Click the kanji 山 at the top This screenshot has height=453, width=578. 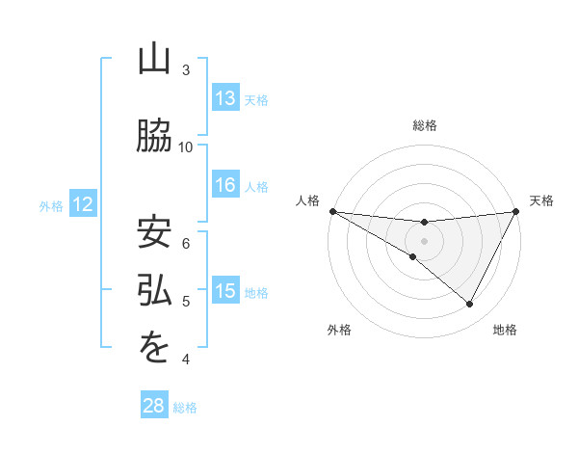pyautogui.click(x=154, y=60)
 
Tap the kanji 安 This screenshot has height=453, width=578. pyautogui.click(x=154, y=232)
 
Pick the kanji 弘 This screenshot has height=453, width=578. pyautogui.click(x=154, y=291)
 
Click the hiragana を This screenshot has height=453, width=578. pyautogui.click(x=154, y=349)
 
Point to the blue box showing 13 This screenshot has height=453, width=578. pyautogui.click(x=225, y=98)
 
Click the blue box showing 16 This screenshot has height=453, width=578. pyautogui.click(x=225, y=185)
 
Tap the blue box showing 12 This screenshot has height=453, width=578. pyautogui.click(x=82, y=204)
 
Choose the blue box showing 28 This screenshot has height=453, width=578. pyautogui.click(x=153, y=406)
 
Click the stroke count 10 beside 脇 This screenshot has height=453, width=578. pyautogui.click(x=186, y=147)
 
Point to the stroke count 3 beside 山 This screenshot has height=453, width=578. pyautogui.click(x=186, y=70)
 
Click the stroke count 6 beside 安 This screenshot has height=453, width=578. pyautogui.click(x=187, y=244)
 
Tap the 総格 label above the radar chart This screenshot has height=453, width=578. pyautogui.click(x=424, y=125)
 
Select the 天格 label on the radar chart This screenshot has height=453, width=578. pyautogui.click(x=541, y=200)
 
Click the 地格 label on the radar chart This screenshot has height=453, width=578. pyautogui.click(x=505, y=330)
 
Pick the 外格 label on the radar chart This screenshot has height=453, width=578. pyautogui.click(x=339, y=330)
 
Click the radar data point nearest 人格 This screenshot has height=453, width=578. pyautogui.click(x=332, y=211)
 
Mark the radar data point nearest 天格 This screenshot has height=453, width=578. pyautogui.click(x=515, y=211)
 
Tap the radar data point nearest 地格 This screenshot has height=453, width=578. pyautogui.click(x=470, y=305)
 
